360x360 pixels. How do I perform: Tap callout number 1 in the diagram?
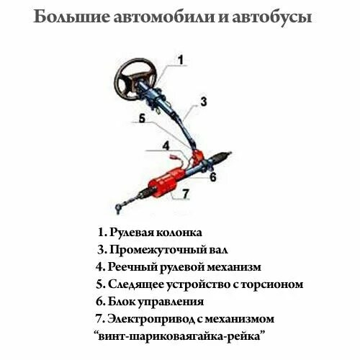pyautogui.click(x=180, y=60)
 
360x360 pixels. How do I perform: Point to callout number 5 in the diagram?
pyautogui.click(x=142, y=120)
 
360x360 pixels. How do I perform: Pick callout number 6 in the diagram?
pyautogui.click(x=213, y=176)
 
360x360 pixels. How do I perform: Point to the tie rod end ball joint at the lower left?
pyautogui.click(x=119, y=210)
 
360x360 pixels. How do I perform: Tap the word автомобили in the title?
pyautogui.click(x=166, y=17)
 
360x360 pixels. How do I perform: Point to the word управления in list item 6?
pyautogui.click(x=173, y=302)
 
